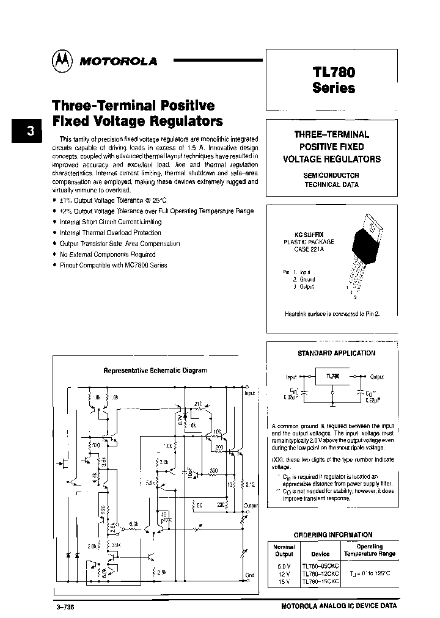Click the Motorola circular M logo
coord(61,60)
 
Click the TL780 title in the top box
coord(333,71)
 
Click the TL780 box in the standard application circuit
coord(332,377)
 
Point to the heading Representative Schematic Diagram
coord(155,370)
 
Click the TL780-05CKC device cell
coord(320,566)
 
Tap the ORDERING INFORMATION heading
coord(332,534)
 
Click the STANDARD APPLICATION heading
coord(336,353)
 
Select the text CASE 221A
coord(309,249)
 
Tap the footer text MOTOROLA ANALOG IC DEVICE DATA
coord(339,606)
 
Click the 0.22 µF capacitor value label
coord(374,401)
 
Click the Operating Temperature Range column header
coord(369,550)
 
